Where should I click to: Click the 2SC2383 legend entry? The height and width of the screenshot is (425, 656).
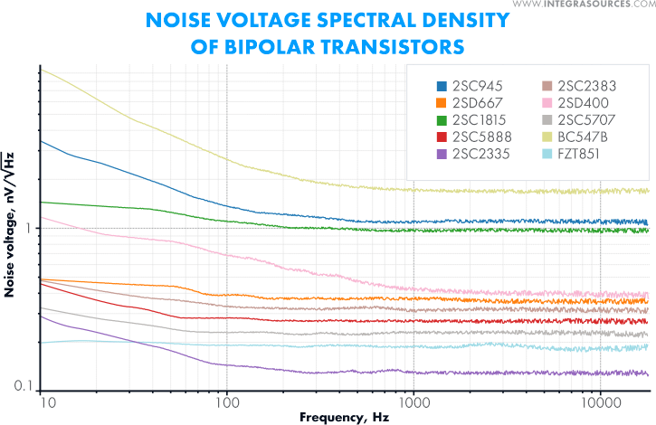(x=580, y=86)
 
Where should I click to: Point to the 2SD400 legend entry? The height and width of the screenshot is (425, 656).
(x=579, y=102)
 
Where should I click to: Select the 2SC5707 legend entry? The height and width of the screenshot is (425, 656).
(x=580, y=118)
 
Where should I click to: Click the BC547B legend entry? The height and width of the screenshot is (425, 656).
(x=579, y=136)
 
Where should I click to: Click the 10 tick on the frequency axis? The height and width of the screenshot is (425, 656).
(x=49, y=401)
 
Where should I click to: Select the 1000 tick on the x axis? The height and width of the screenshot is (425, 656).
(x=414, y=401)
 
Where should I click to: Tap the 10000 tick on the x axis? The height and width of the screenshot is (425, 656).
(x=600, y=401)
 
